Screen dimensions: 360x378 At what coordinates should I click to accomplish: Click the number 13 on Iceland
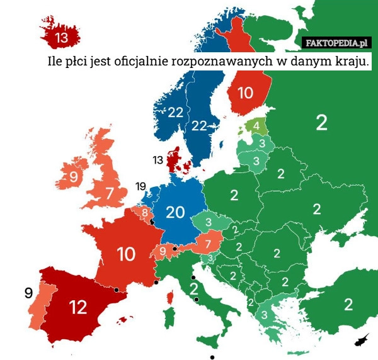point(61,38)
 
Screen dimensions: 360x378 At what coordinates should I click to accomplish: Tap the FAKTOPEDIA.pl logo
point(336,43)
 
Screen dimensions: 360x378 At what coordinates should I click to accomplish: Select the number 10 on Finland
point(244,93)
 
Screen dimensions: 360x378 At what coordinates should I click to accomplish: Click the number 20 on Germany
point(175,213)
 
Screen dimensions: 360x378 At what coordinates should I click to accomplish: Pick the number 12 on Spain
point(78,307)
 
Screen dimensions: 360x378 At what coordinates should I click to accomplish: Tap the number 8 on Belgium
point(145,213)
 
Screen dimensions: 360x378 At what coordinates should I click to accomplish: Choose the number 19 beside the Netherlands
point(140,186)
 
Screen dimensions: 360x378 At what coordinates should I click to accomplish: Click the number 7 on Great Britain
point(110,193)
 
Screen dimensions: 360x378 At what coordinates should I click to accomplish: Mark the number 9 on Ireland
point(74,177)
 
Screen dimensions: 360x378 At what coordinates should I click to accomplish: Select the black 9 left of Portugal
point(28,293)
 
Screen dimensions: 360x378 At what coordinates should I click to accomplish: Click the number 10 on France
point(126,254)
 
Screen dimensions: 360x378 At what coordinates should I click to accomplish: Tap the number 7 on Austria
point(207,243)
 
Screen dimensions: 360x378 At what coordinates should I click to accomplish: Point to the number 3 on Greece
point(265,314)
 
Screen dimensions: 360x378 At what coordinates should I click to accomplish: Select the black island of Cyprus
point(362,340)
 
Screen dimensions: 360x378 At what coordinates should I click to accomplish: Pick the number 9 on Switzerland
point(163,252)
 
